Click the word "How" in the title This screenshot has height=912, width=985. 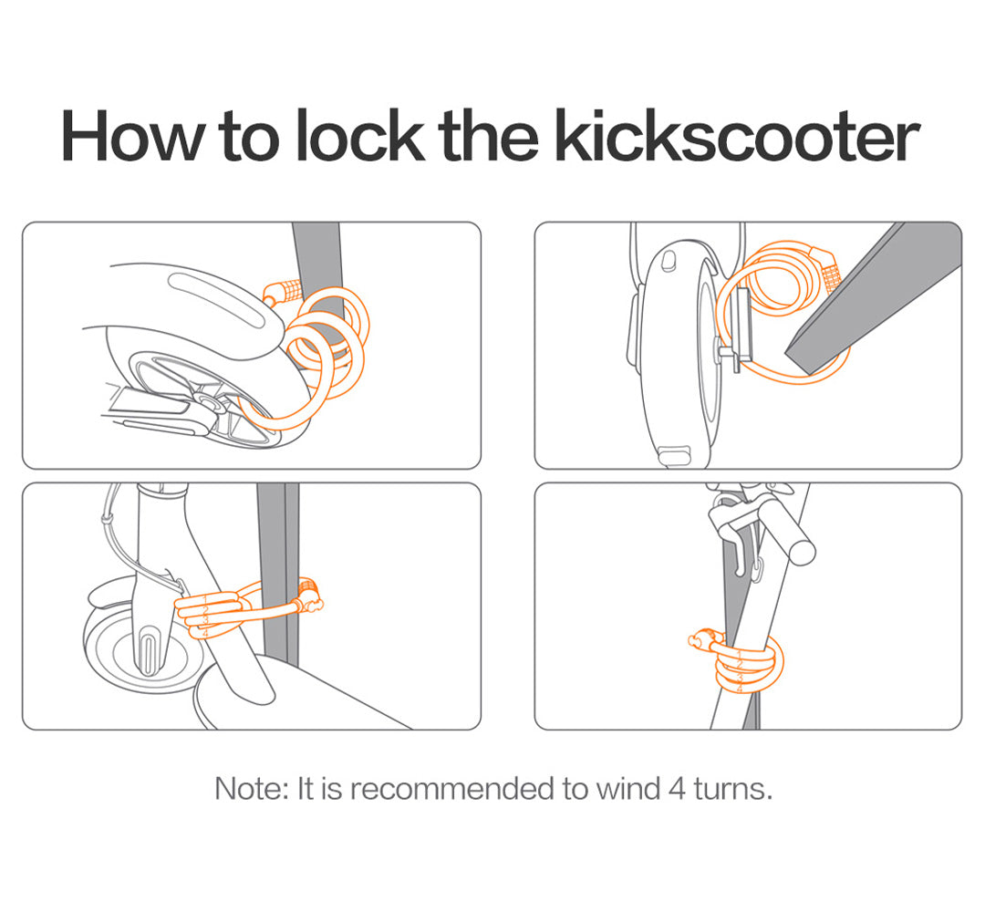pyautogui.click(x=133, y=136)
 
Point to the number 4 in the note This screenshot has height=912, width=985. pyautogui.click(x=677, y=789)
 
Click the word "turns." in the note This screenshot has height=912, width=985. pyautogui.click(x=733, y=789)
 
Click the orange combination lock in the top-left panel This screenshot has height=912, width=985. pyautogui.click(x=284, y=292)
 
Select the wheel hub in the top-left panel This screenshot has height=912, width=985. pyautogui.click(x=206, y=402)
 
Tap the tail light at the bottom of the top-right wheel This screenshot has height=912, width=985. pyautogui.click(x=673, y=455)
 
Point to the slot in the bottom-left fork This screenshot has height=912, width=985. pyautogui.click(x=149, y=654)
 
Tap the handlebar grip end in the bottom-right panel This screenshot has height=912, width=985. pyautogui.click(x=802, y=550)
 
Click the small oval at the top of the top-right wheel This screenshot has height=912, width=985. pyautogui.click(x=669, y=260)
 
